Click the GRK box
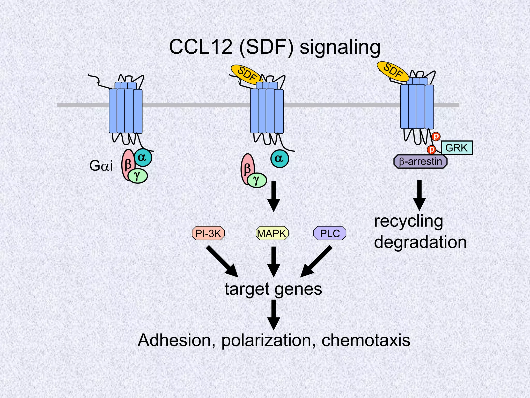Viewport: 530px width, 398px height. (457, 148)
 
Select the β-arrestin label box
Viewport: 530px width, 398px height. (421, 162)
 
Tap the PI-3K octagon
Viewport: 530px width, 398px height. (208, 233)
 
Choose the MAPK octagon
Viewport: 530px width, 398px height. (272, 233)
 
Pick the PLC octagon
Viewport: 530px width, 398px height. (330, 233)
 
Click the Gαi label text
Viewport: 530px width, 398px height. (101, 166)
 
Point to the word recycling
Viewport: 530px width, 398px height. (408, 222)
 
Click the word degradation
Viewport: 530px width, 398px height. (420, 242)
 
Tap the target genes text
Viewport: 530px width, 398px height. (273, 289)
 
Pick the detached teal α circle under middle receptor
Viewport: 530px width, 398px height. (279, 159)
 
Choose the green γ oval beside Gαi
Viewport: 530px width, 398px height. (138, 176)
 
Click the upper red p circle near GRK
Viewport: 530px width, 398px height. (436, 136)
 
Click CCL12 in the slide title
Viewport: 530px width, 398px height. (201, 47)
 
